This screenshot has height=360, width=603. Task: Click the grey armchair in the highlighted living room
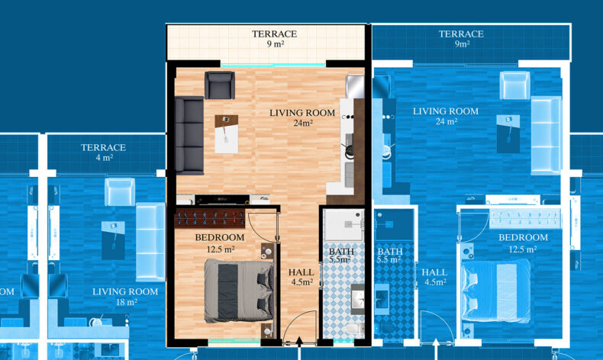tap(220, 85)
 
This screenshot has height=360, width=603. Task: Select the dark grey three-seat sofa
tap(189, 135)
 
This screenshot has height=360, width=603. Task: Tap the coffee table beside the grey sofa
tap(226, 134)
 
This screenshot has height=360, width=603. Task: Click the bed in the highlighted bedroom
tap(239, 291)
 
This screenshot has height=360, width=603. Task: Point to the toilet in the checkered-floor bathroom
tap(354, 329)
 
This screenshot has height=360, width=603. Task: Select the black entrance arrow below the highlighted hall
tap(299, 342)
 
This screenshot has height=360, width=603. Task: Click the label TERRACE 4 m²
tap(104, 152)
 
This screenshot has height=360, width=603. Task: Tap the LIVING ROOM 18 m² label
tap(125, 297)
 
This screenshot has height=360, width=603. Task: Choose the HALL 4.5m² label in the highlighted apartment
tap(301, 277)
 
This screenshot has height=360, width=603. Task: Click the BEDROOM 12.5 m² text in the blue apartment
tap(523, 243)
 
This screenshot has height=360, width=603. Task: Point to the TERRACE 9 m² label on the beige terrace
tap(275, 38)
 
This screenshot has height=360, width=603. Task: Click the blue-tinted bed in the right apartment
tap(495, 291)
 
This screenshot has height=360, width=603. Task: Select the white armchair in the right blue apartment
tap(515, 85)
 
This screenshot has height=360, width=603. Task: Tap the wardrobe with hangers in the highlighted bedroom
tap(211, 219)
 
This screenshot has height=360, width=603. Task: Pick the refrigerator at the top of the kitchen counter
tap(355, 87)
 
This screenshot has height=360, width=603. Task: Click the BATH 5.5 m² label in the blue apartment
tap(390, 256)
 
